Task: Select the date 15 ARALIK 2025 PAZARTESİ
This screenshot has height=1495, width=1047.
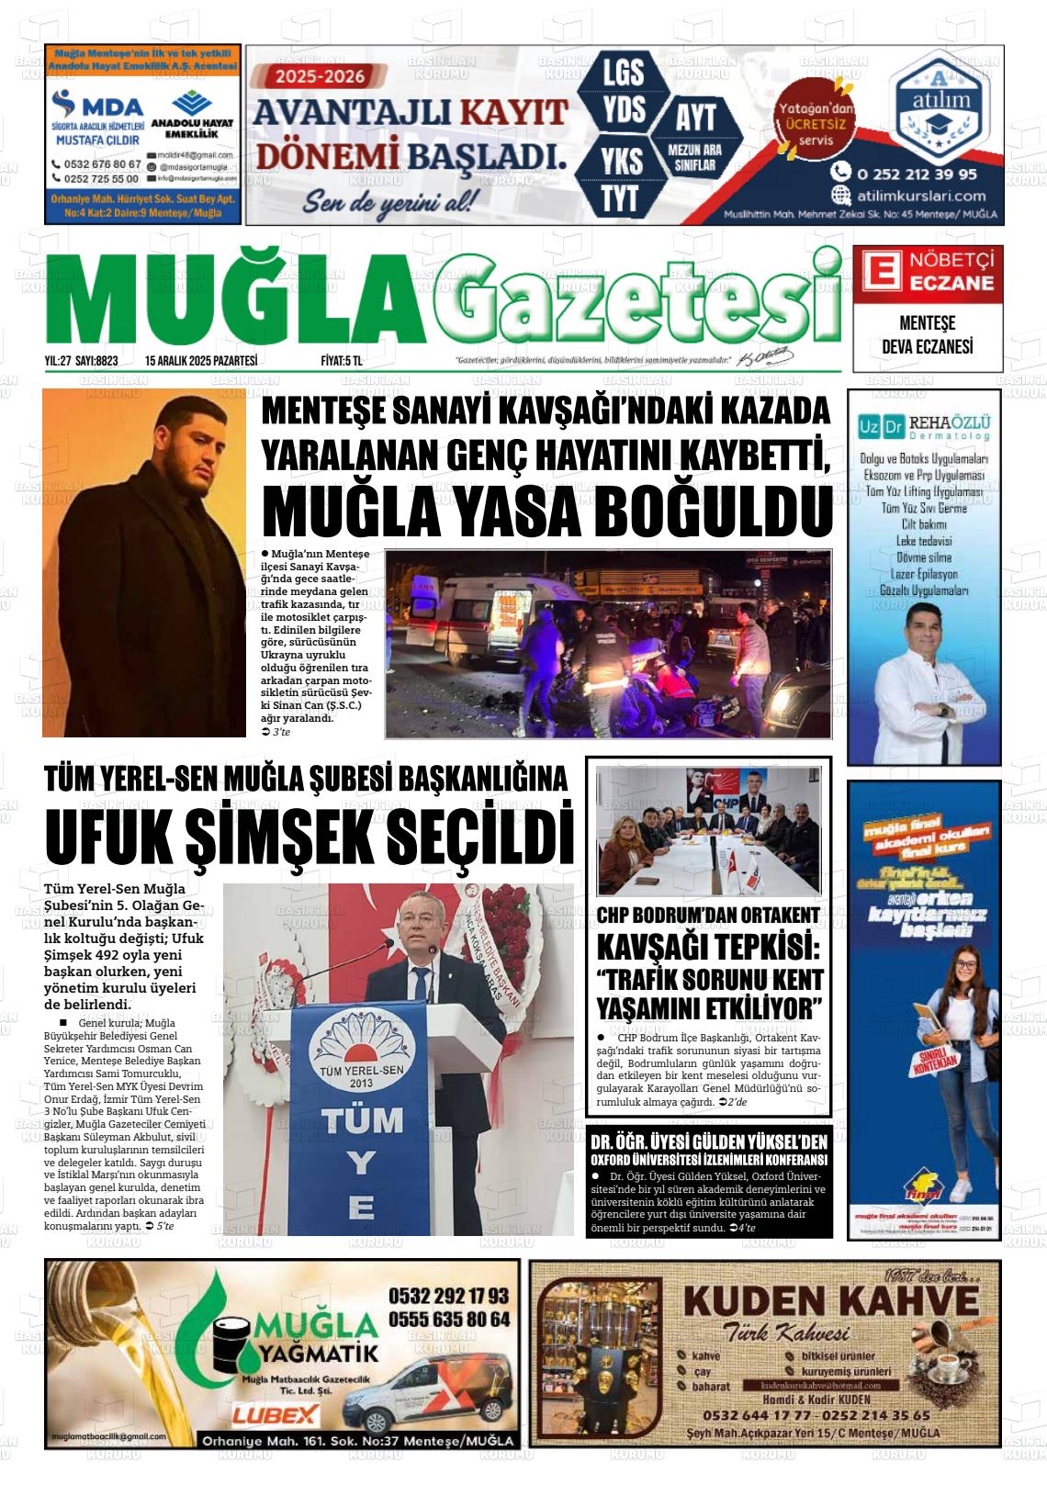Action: click(200, 361)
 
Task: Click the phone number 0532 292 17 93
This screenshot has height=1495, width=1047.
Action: click(448, 1296)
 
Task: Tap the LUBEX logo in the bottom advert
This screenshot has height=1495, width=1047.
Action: click(276, 1414)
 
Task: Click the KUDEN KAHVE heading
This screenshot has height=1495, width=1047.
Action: click(831, 1302)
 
